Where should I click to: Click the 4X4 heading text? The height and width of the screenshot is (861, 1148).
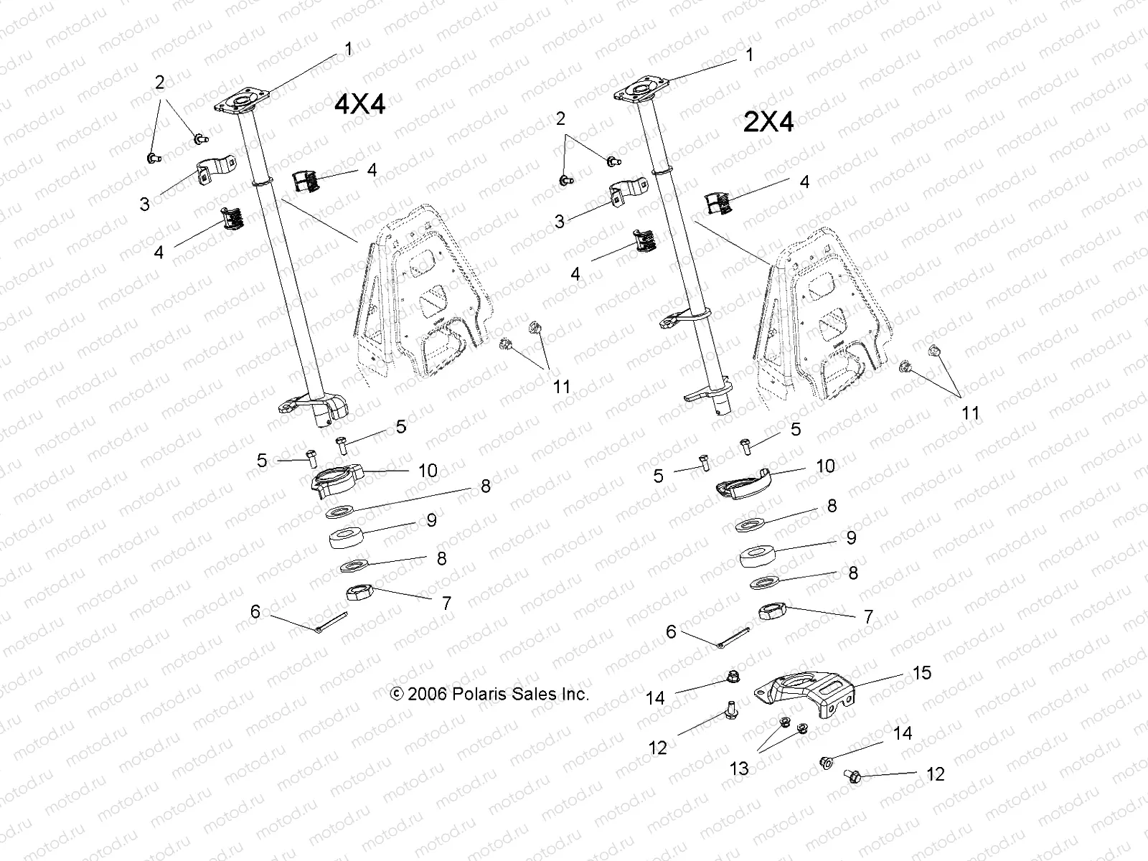tap(360, 105)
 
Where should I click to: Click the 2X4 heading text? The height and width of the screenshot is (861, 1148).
tap(768, 123)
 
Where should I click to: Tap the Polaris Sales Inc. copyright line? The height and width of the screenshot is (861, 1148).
tap(489, 694)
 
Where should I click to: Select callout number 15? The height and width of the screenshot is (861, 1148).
tap(921, 672)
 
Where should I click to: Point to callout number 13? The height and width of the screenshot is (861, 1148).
tap(739, 768)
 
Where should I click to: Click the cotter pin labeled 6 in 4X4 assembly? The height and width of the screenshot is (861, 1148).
tap(332, 622)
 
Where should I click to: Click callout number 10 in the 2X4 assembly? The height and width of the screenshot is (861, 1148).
tap(825, 466)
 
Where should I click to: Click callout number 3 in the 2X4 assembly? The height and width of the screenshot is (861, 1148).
tap(560, 222)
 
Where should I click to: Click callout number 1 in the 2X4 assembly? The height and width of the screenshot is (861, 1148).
tap(750, 55)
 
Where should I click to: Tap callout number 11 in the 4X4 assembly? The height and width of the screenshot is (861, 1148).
tap(561, 387)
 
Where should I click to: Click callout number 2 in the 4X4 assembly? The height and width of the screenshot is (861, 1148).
tap(160, 83)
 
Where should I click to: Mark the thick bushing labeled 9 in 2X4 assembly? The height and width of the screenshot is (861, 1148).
tap(758, 556)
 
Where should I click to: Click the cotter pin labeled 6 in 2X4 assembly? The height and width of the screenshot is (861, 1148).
tap(734, 636)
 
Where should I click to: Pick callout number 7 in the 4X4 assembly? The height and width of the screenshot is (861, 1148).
tap(446, 603)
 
